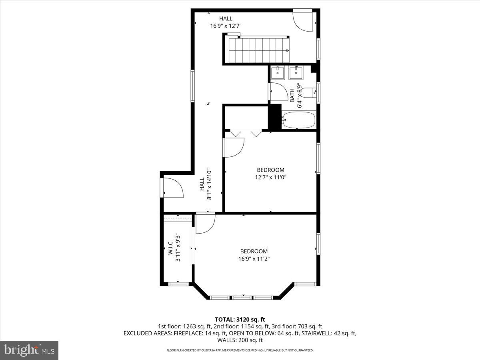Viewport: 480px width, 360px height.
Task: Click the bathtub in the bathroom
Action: pyautogui.click(x=299, y=120)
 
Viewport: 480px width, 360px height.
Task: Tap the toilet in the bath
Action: pyautogui.click(x=308, y=92)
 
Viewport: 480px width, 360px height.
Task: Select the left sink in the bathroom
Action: pyautogui.click(x=277, y=73)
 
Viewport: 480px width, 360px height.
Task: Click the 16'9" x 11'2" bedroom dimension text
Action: pyautogui.click(x=254, y=259)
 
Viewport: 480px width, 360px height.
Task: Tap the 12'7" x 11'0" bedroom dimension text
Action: pyautogui.click(x=270, y=177)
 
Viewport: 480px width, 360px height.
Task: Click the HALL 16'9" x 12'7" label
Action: pyautogui.click(x=226, y=22)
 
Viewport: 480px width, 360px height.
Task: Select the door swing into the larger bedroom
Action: pyautogui.click(x=205, y=224)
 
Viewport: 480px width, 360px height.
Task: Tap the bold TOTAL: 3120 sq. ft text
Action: pyautogui.click(x=240, y=319)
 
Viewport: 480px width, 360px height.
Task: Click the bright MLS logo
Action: pyautogui.click(x=29, y=350)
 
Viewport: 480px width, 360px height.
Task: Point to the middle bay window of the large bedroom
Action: pyautogui.click(x=242, y=297)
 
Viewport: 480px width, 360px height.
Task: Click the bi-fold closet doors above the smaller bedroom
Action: pyautogui.click(x=244, y=133)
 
